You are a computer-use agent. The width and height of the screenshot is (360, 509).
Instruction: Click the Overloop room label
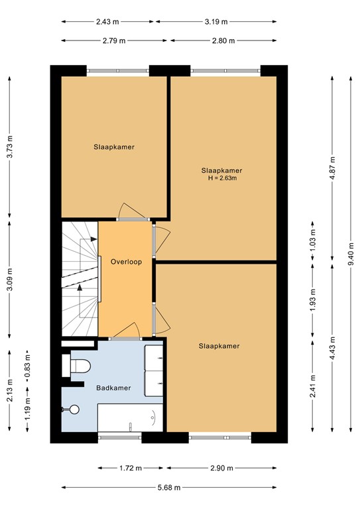pyautogui.click(x=126, y=261)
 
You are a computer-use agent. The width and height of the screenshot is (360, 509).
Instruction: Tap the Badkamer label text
pyautogui.click(x=113, y=388)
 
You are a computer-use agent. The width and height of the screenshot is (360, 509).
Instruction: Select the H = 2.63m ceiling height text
pyautogui.click(x=222, y=178)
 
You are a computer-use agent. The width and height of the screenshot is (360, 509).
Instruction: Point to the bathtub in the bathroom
pyautogui.click(x=131, y=418)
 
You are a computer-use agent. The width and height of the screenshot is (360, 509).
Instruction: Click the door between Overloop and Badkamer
pyautogui.click(x=125, y=331)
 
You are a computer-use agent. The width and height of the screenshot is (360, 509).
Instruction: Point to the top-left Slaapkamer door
pyautogui.click(x=130, y=211)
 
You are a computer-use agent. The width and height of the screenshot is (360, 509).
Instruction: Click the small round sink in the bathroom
pyautogui.click(x=74, y=410)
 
